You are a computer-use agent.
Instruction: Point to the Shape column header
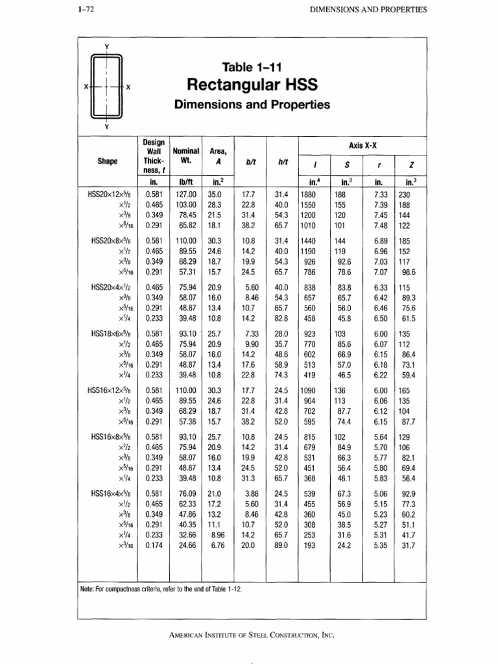coord(107,161)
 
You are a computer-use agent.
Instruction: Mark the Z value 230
coord(404,194)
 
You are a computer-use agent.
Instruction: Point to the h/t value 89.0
coord(281,546)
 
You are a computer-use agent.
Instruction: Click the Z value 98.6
coord(407,272)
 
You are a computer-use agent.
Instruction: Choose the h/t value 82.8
coord(281,319)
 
